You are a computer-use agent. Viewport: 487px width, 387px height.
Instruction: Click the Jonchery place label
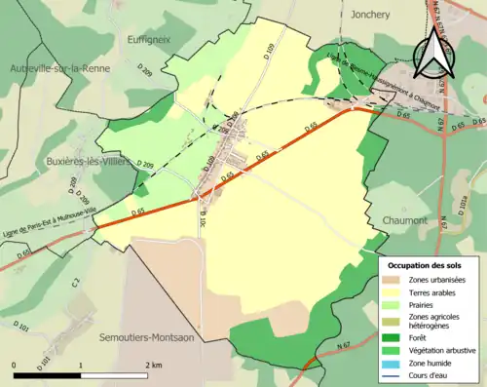(x=372, y=16)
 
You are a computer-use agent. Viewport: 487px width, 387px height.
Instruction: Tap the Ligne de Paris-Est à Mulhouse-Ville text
(x=48, y=213)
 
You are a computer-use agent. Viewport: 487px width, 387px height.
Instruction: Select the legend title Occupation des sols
(x=425, y=265)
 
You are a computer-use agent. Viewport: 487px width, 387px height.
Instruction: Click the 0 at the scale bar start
(x=15, y=364)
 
